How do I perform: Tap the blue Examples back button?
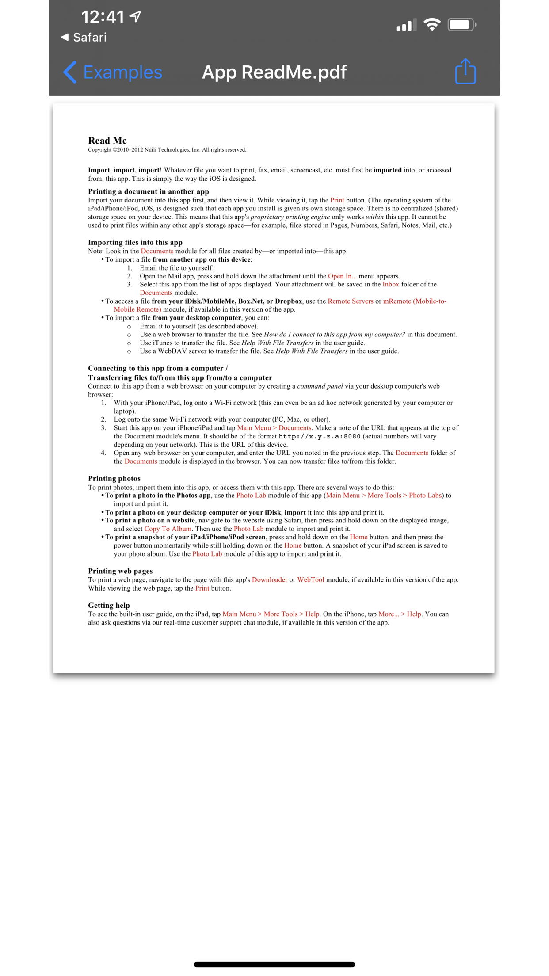point(113,72)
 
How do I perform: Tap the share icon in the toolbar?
point(465,72)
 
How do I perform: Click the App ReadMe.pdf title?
point(274,72)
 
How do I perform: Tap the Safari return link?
point(84,37)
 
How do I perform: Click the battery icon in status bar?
point(461,24)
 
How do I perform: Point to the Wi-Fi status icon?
point(431,24)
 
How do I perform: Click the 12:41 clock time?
point(103,17)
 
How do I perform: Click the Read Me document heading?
point(107,141)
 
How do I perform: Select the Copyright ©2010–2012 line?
point(167,150)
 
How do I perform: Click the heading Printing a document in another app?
point(149,191)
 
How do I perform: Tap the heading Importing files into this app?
point(135,242)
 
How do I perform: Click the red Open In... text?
point(342,276)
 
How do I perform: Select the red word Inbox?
point(391,284)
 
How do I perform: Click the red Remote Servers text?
point(351,301)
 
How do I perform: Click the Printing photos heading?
point(114,478)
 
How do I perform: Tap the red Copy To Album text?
point(168,529)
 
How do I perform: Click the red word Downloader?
point(270,579)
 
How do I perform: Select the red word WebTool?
point(311,579)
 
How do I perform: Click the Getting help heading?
point(109,605)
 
